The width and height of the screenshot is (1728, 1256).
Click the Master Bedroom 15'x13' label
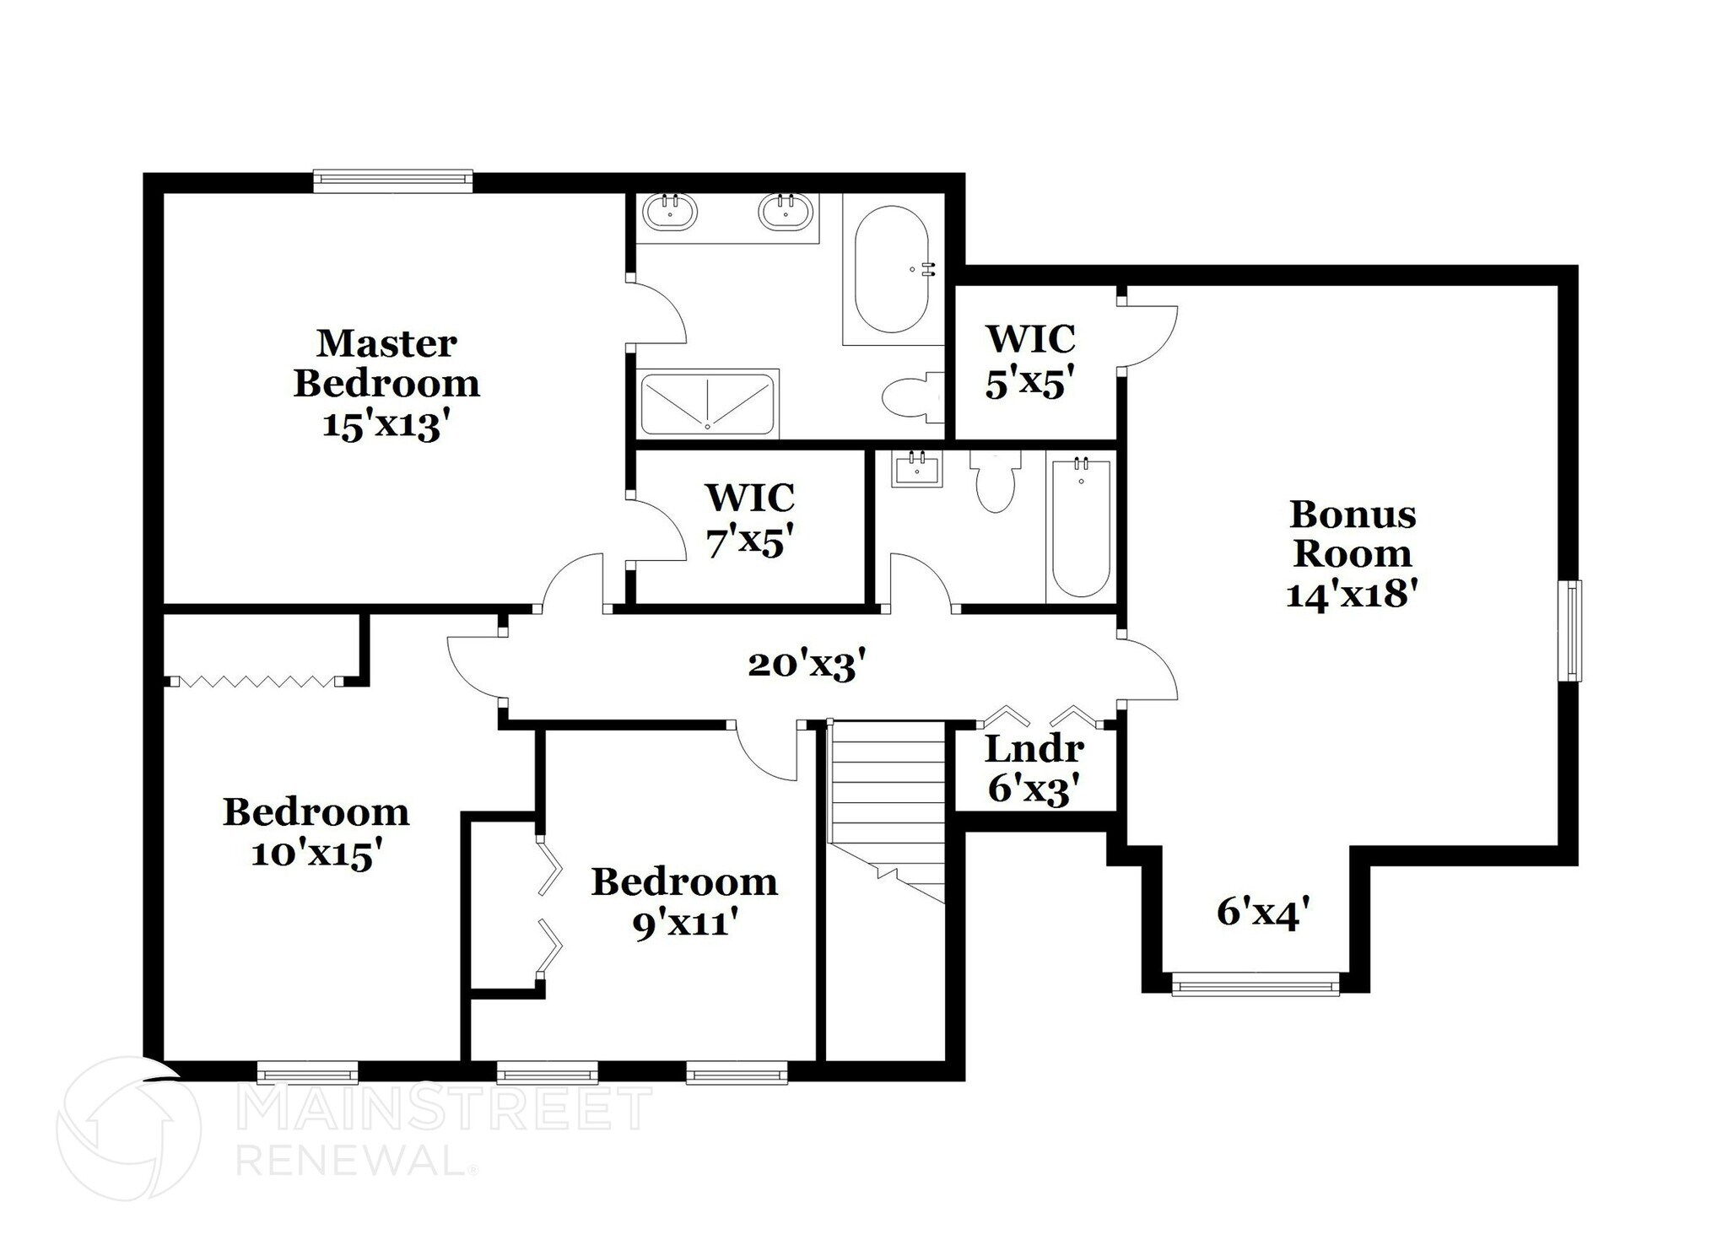click(386, 384)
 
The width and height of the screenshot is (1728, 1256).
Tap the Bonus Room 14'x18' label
click(1352, 553)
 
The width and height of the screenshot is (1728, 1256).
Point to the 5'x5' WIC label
click(1030, 361)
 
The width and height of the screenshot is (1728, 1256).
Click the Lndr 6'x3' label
click(1034, 768)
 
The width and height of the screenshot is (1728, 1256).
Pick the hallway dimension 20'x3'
click(807, 666)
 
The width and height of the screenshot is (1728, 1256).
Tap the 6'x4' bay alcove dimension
click(1263, 912)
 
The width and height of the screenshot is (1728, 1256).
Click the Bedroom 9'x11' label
click(684, 902)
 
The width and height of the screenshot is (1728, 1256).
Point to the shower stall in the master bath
click(707, 404)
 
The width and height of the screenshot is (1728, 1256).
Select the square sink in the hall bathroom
click(917, 469)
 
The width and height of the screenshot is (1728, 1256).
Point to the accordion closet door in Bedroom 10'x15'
click(257, 681)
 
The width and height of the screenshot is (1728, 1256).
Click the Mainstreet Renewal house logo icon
click(129, 1129)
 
